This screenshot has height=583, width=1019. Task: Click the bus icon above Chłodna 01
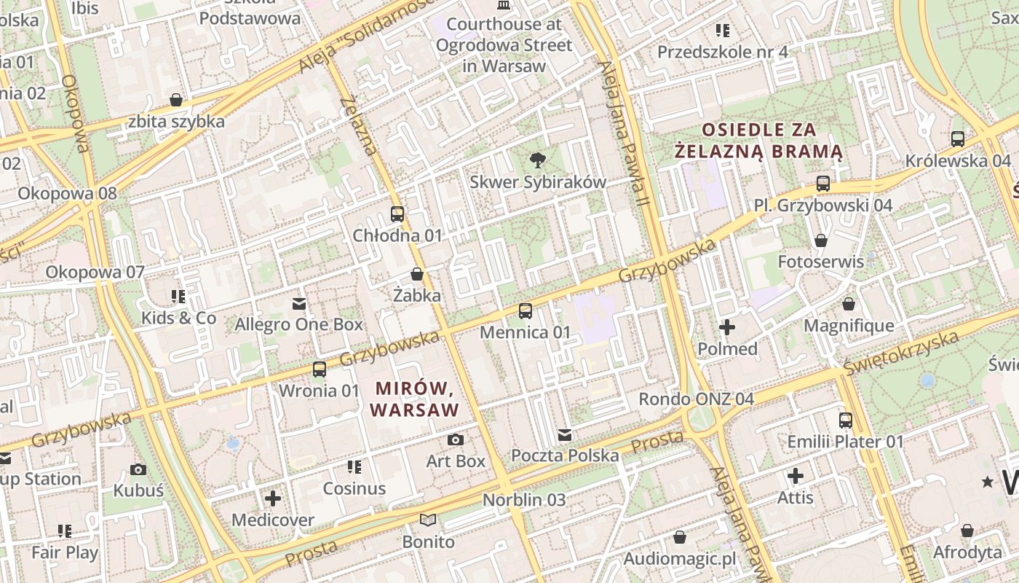click(x=397, y=214)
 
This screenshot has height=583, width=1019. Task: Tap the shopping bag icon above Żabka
click(x=417, y=274)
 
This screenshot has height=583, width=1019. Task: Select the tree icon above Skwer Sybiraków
click(x=537, y=160)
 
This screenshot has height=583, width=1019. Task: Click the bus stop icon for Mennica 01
click(x=525, y=311)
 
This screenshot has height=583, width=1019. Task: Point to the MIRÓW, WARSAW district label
click(x=414, y=398)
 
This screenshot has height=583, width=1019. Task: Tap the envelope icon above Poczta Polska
click(x=564, y=435)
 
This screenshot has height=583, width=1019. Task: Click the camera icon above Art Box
click(x=456, y=439)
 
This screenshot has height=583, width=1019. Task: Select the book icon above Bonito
click(x=428, y=520)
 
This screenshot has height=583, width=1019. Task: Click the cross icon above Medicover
click(x=273, y=498)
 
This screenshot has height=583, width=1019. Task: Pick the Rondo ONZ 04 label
click(x=696, y=399)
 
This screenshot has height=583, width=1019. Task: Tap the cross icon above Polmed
click(x=727, y=327)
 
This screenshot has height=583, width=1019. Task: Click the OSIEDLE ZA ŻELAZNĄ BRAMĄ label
click(x=758, y=141)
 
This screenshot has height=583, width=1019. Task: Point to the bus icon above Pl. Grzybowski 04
click(x=822, y=184)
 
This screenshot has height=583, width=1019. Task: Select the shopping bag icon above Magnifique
click(x=848, y=304)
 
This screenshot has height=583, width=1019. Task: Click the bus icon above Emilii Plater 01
click(x=845, y=420)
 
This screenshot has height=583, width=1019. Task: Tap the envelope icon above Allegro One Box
click(x=298, y=303)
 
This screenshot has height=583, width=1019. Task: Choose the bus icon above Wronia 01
click(x=319, y=369)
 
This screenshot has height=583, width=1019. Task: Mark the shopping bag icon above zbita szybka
click(x=175, y=100)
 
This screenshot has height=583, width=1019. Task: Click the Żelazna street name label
click(x=360, y=125)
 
